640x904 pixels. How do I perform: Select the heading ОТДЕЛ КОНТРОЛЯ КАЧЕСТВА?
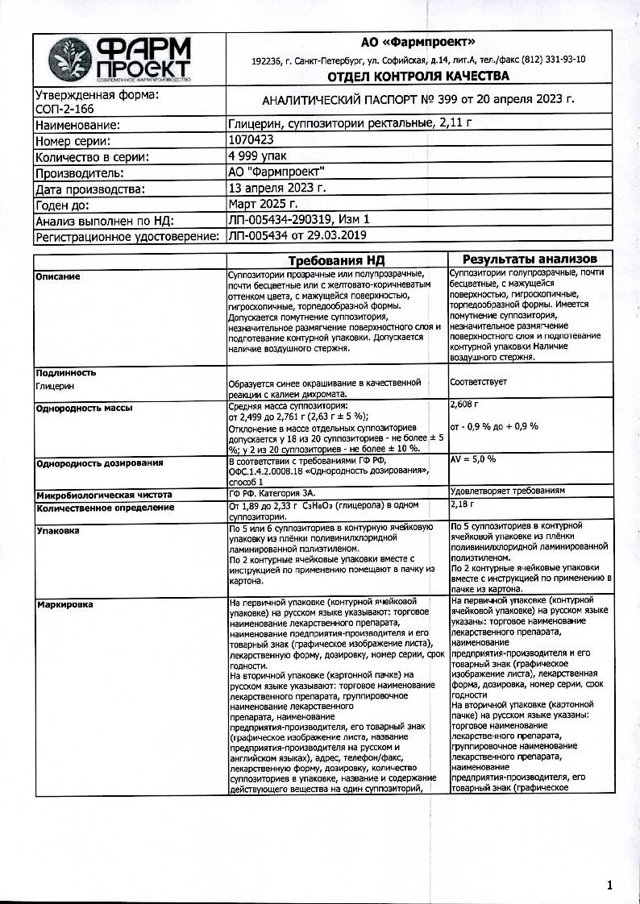[x=418, y=77]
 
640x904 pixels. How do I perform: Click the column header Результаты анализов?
[x=530, y=259]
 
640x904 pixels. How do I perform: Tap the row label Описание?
[x=58, y=276]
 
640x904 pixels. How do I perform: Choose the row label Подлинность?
[x=66, y=372]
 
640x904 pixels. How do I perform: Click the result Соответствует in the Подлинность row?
[x=479, y=381]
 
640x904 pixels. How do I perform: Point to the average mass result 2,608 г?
[x=467, y=406]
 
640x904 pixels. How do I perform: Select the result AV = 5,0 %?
[x=472, y=458]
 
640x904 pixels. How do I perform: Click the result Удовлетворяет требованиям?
[x=507, y=490]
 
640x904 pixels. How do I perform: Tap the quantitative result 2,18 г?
[x=463, y=504]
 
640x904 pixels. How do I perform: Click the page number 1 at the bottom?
[x=609, y=885]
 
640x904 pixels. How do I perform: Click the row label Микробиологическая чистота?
[x=104, y=494]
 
